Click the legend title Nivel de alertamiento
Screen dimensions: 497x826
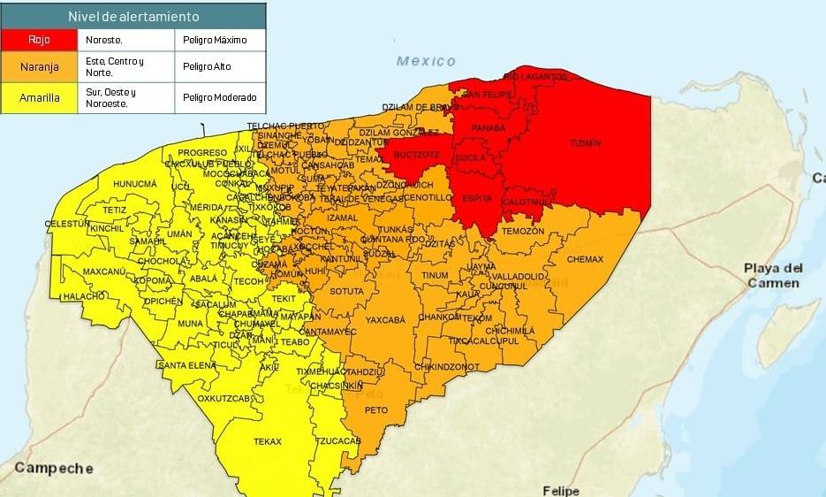coord(133,17)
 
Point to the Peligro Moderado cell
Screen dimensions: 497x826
coord(220,97)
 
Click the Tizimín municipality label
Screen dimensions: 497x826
coord(585,142)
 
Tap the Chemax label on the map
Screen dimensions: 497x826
coord(585,259)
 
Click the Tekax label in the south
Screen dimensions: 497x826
coord(267,441)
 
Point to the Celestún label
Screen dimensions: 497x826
coord(67,225)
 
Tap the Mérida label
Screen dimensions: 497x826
coord(207,207)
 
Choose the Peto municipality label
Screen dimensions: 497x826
coord(376,410)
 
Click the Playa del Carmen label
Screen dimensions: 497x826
coord(774,275)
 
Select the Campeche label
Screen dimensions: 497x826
coord(53,469)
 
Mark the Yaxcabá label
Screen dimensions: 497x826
coord(385,320)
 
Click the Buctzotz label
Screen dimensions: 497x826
coord(416,155)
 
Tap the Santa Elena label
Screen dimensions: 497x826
coord(186,365)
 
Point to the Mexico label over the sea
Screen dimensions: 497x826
coord(426,61)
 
